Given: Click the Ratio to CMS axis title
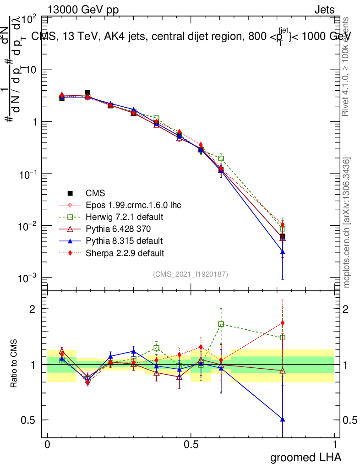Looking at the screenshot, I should click(14, 364).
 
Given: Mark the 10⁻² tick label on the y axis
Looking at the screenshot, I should click(31, 226).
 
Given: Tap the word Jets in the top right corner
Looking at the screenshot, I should click(324, 10).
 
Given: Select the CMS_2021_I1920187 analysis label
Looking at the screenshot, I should click(191, 274).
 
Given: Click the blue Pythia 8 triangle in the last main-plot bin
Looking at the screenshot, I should click(283, 252).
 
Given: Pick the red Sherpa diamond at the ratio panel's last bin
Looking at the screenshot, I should click(283, 323).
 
